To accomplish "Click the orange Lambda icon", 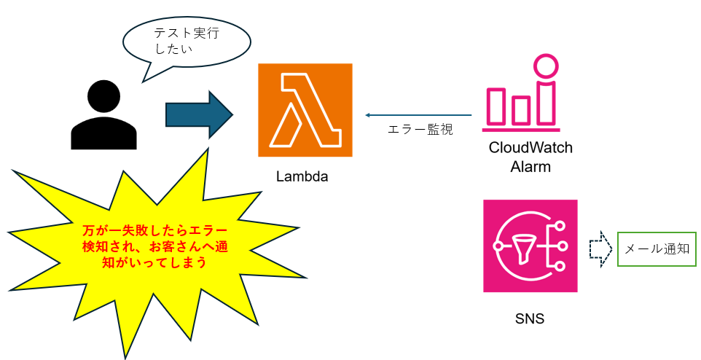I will pyautogui.click(x=305, y=109).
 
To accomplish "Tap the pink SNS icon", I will pyautogui.click(x=530, y=246).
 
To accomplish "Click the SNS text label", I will pyautogui.click(x=529, y=319).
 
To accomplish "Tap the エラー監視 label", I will pyautogui.click(x=420, y=130).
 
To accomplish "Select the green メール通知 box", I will pyautogui.click(x=656, y=249).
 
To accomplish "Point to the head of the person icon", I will pyautogui.click(x=103, y=98).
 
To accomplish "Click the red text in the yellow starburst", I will pyautogui.click(x=154, y=246).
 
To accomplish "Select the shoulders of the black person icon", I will pyautogui.click(x=103, y=135).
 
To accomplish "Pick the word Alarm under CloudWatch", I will pyautogui.click(x=530, y=167).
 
